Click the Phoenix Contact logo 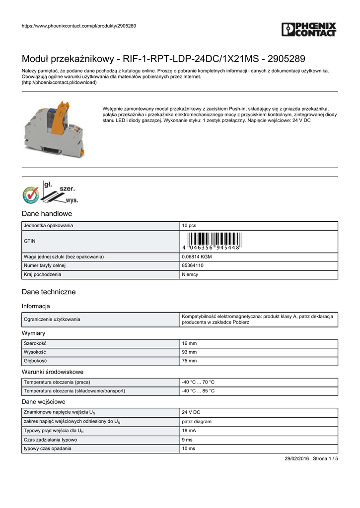309,30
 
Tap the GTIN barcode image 212,241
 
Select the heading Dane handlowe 47,214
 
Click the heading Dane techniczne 49,292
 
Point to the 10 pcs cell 189,226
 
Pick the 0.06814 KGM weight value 197,256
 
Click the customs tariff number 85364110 193,265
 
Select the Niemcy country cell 190,274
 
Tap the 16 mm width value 189,343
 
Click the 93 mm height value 189,352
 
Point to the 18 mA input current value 189,431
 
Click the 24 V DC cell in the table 191,413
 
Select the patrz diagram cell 197,422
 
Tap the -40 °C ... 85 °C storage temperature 198,391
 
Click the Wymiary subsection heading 34,333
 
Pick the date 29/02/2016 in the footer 297,458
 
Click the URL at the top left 79,26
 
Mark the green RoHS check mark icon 30,195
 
